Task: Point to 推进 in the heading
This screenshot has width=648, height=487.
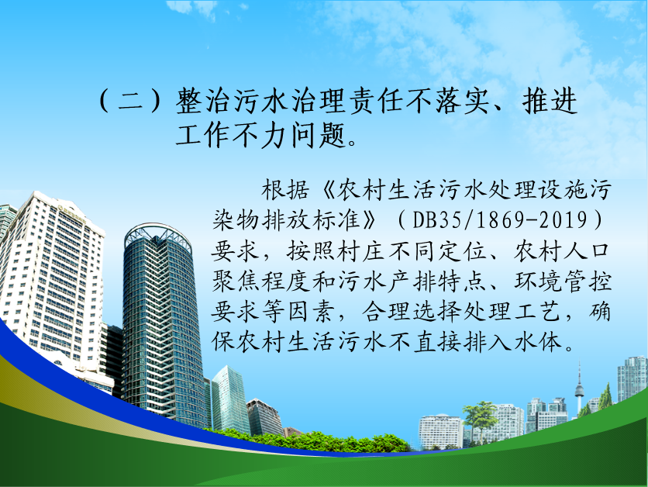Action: coord(550,102)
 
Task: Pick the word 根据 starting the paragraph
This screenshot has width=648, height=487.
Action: coord(285,190)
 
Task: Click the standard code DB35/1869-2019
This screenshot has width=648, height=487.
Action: coord(500,219)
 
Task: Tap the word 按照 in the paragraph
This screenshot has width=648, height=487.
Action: coord(311,250)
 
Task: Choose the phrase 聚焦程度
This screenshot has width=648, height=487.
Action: coord(260,281)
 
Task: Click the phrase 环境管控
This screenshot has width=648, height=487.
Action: coord(563,281)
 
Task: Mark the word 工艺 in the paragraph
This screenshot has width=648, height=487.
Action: coord(537,311)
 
